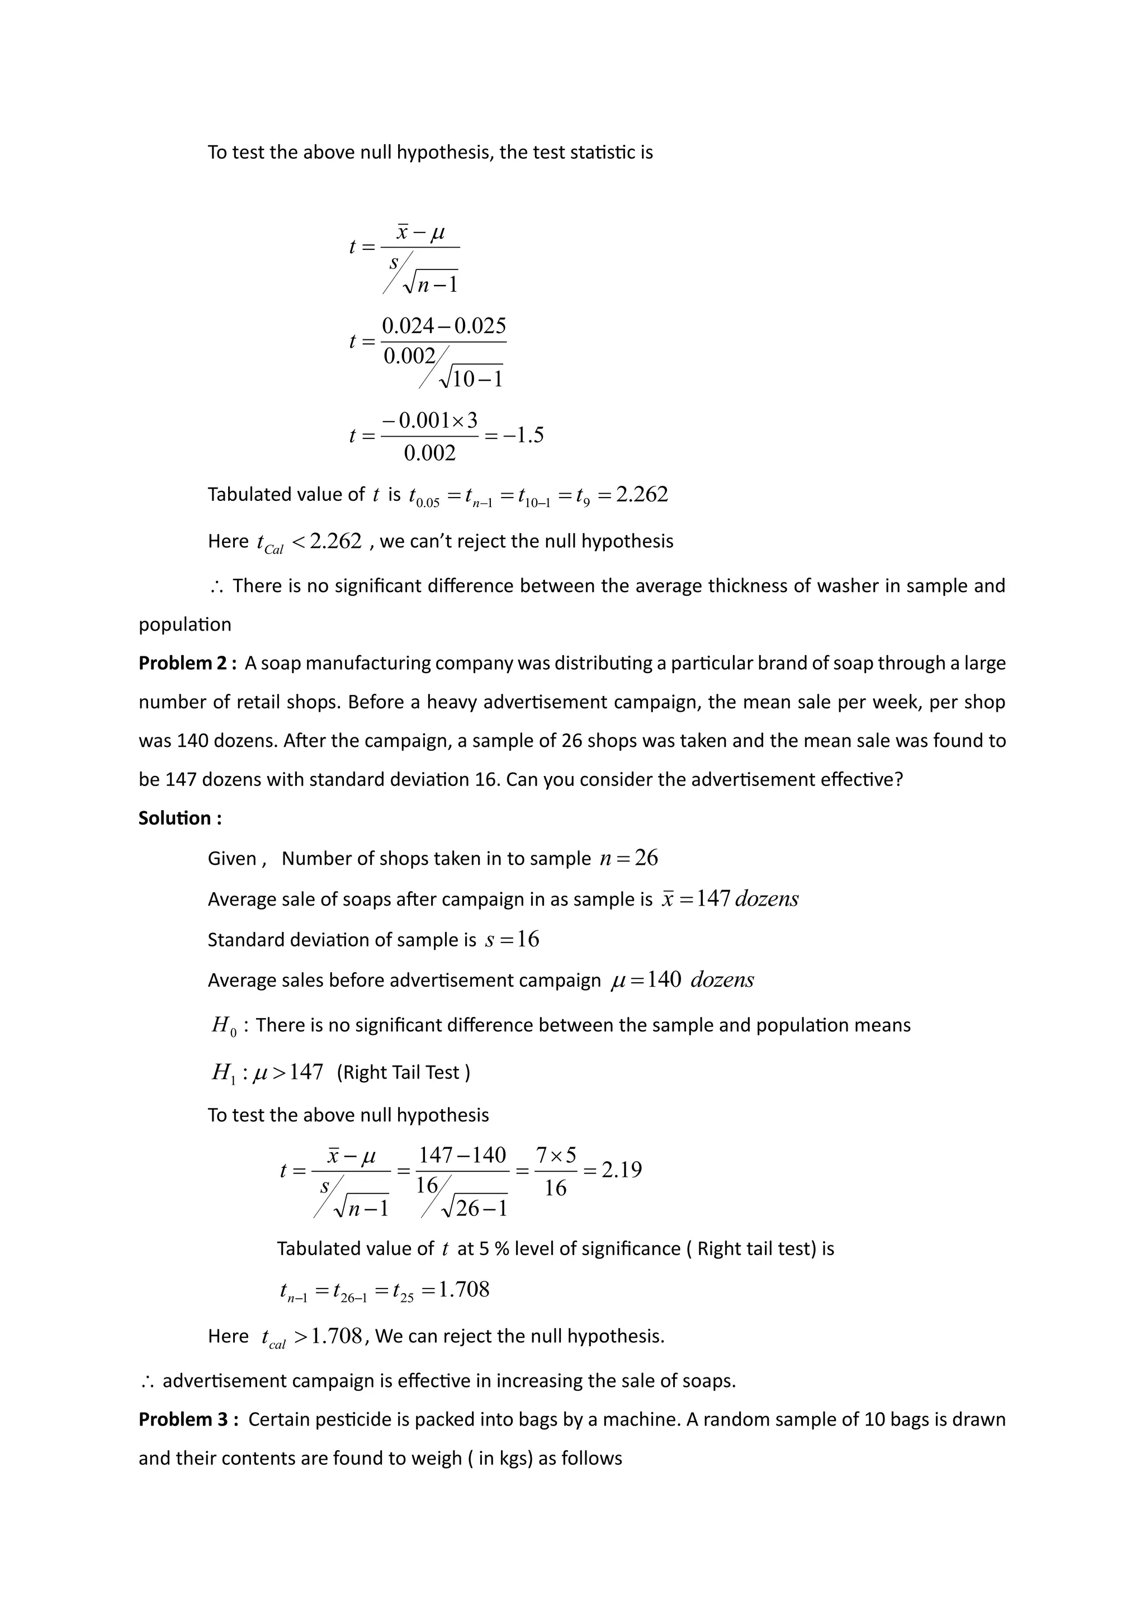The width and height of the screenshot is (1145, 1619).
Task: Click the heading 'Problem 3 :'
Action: [188, 1419]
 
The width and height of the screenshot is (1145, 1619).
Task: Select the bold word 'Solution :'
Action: [180, 818]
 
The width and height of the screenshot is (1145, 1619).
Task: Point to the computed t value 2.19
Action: [621, 1171]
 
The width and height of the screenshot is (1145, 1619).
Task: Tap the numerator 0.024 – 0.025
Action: [443, 326]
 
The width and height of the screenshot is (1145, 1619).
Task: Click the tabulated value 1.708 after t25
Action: [463, 1290]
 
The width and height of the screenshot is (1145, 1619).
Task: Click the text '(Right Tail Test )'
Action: [403, 1072]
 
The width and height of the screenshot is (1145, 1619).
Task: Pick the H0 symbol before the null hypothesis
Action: [221, 1026]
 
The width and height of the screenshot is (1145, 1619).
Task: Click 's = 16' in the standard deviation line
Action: [512, 940]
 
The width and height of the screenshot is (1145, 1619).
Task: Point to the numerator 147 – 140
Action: [462, 1155]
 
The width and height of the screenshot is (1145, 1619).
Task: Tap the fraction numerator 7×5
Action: [556, 1155]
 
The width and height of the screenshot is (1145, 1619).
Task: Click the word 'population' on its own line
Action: [184, 625]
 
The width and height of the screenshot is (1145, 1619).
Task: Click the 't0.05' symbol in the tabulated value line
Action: [424, 497]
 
